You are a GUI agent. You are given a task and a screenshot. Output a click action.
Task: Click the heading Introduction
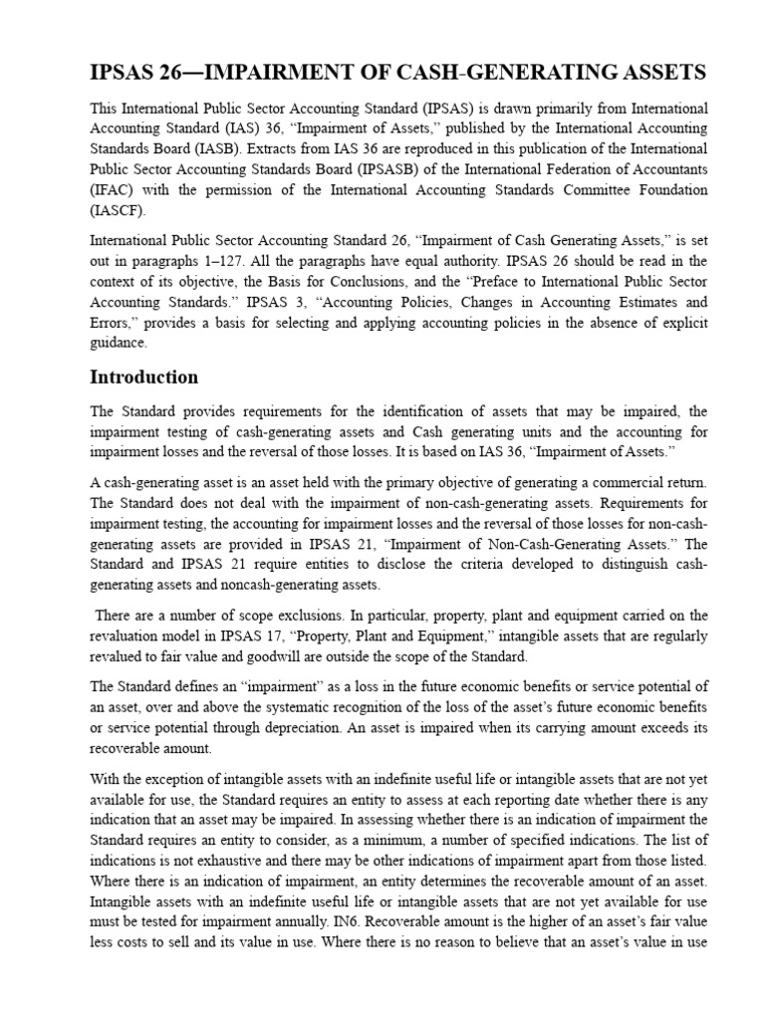143,378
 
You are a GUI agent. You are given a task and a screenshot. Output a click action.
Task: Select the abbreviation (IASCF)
118,210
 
